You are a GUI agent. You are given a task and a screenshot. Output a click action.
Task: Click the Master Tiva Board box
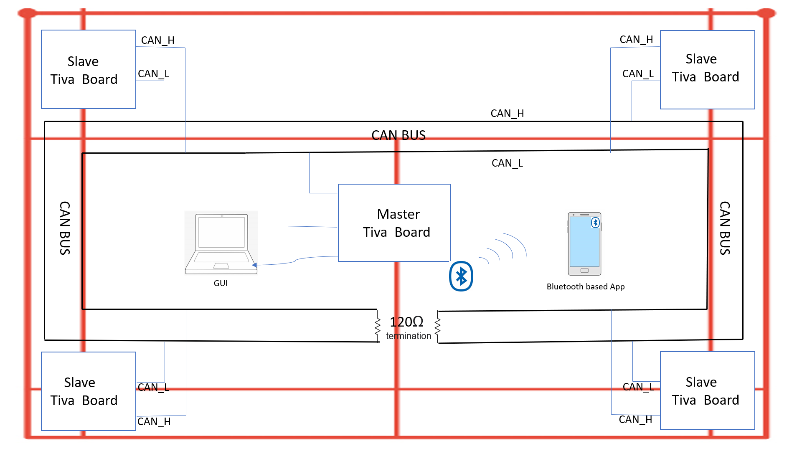point(394,223)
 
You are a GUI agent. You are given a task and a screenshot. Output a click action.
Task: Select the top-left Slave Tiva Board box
point(89,69)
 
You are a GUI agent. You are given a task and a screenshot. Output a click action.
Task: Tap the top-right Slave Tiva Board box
point(707,70)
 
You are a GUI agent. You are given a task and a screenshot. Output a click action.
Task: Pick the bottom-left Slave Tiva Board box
point(89,391)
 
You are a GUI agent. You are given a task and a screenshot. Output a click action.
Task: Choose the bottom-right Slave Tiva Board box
point(707,391)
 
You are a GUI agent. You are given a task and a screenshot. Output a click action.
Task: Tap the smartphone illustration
point(584,244)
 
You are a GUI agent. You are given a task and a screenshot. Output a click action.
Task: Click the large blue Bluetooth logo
point(461,276)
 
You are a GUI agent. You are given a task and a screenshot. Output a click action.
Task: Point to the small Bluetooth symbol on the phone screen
point(595,223)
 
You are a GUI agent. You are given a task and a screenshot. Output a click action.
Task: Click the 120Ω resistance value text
point(406,322)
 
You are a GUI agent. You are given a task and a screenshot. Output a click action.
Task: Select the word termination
point(409,336)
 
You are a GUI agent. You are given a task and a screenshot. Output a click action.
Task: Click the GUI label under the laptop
point(221,283)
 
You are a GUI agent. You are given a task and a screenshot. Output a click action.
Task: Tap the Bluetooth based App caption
point(586,286)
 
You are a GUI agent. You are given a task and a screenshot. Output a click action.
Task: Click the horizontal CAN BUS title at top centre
point(398,135)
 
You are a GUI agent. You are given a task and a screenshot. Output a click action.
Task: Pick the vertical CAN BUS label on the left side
point(65,228)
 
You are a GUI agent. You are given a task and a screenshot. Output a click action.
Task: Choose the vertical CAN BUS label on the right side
point(725,228)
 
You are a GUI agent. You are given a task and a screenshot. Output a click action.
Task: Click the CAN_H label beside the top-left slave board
point(157,41)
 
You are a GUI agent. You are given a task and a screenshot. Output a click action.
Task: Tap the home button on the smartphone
point(584,271)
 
